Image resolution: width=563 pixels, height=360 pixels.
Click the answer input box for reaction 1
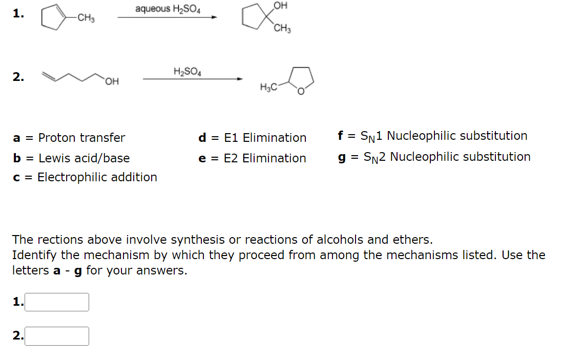tap(57, 302)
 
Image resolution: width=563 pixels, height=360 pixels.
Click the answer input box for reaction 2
tap(57, 336)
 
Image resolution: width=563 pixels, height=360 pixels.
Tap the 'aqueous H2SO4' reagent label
tap(168, 9)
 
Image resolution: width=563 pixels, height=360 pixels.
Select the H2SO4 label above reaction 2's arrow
tap(187, 71)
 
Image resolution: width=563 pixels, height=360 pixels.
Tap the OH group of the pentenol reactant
tap(112, 81)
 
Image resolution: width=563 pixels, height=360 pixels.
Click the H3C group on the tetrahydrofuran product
tap(269, 87)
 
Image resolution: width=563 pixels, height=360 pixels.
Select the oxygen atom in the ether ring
tap(301, 93)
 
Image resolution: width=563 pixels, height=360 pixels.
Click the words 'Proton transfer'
tap(81, 138)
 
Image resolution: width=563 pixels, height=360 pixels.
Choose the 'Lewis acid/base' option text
tap(84, 158)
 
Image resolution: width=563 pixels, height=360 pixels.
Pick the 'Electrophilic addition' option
tap(97, 177)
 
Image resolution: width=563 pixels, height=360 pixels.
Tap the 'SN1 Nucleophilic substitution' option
tap(444, 136)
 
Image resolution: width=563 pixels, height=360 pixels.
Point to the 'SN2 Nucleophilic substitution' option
tap(447, 157)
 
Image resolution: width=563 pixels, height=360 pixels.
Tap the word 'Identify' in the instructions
tap(33, 255)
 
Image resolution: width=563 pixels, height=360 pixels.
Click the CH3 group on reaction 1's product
tap(282, 29)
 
